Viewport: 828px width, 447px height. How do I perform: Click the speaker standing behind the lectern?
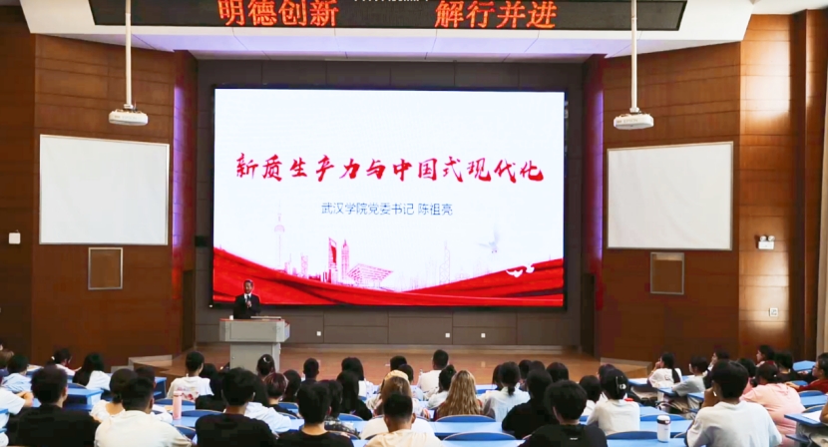coord(246,299)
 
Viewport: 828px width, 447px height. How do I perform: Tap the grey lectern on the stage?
coord(254,343)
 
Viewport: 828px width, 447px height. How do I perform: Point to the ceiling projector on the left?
coord(128,117)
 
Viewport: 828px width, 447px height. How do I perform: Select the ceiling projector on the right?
coord(633,121)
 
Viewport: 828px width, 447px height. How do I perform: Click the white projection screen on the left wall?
coord(104,190)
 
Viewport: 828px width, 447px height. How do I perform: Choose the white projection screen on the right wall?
coord(670,196)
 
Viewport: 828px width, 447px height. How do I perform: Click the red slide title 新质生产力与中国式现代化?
coord(389,168)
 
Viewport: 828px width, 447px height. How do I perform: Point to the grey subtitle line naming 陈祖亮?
coord(387,210)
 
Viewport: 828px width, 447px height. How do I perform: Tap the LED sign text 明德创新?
coord(278,14)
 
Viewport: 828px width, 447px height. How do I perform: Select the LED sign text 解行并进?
coord(496,15)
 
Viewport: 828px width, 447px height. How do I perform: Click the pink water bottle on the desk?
coord(177,405)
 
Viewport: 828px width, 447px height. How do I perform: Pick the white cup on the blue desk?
coord(663,428)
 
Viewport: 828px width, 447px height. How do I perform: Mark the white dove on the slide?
coord(491,240)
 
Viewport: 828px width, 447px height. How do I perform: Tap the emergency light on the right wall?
coord(766,242)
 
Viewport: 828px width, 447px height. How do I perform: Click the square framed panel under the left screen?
coord(105,268)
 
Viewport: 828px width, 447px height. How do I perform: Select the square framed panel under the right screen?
coord(667,273)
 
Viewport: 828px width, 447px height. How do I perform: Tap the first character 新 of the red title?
coord(247,168)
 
